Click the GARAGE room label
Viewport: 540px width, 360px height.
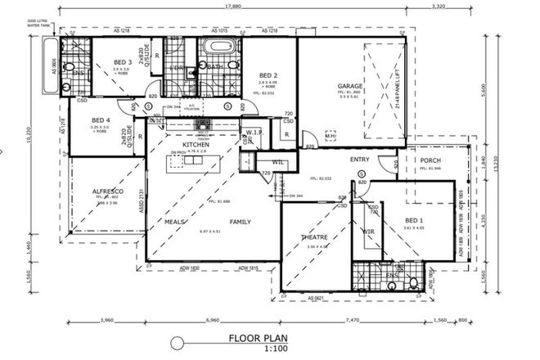click(350, 87)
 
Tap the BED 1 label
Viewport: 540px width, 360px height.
click(414, 222)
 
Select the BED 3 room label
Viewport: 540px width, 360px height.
click(122, 63)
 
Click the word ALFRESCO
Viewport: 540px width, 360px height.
click(107, 191)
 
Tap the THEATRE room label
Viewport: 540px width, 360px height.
click(314, 237)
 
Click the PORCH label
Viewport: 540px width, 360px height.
click(430, 160)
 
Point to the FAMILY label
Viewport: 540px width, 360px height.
click(240, 221)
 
